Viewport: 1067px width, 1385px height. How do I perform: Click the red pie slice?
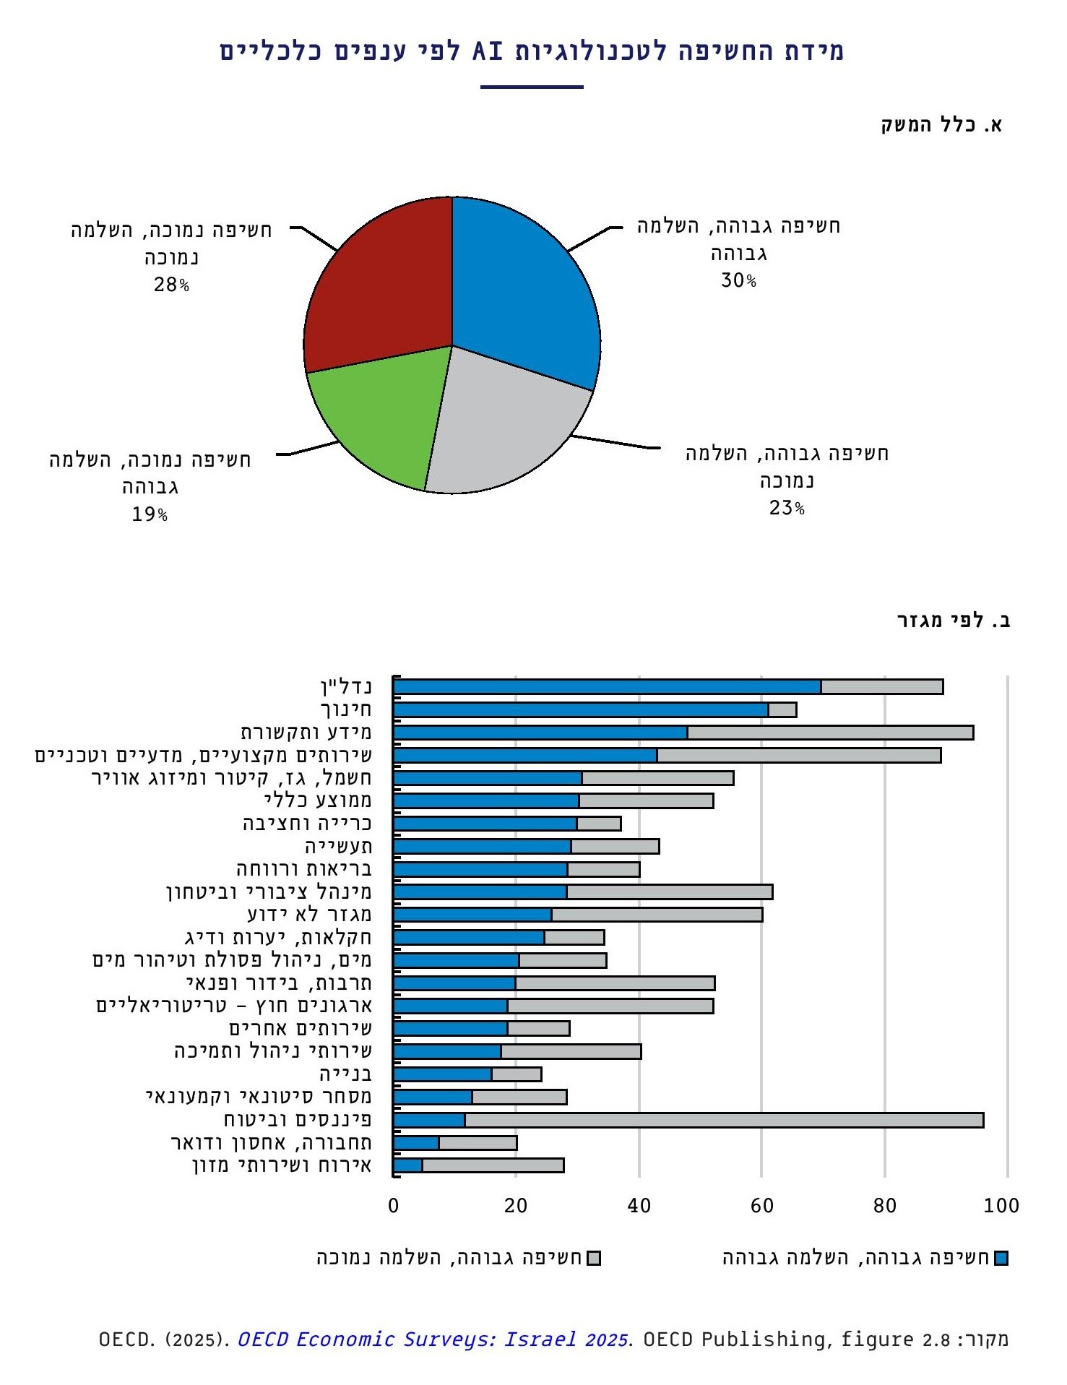[376, 289]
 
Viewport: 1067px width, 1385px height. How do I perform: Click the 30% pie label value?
[738, 280]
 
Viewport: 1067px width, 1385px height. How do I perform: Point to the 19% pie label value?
[150, 514]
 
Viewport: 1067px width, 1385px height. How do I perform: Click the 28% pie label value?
[171, 285]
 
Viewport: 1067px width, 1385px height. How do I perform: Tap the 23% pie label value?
[787, 508]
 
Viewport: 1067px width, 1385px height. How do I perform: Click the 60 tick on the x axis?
[761, 1205]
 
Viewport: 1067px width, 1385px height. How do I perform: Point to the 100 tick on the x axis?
[1001, 1205]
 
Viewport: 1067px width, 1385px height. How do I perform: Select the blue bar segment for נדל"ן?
[607, 687]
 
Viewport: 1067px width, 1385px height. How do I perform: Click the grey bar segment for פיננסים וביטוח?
[722, 1121]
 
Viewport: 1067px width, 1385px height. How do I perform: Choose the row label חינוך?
[346, 709]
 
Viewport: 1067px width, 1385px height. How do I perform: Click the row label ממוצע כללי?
[318, 801]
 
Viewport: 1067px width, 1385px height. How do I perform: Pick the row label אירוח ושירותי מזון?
[282, 1165]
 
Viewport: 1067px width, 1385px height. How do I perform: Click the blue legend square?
[1001, 1259]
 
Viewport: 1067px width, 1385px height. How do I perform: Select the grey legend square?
[594, 1259]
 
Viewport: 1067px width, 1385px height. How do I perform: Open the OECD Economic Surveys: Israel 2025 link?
[432, 1339]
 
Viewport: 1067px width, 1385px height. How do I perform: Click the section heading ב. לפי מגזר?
[954, 621]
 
